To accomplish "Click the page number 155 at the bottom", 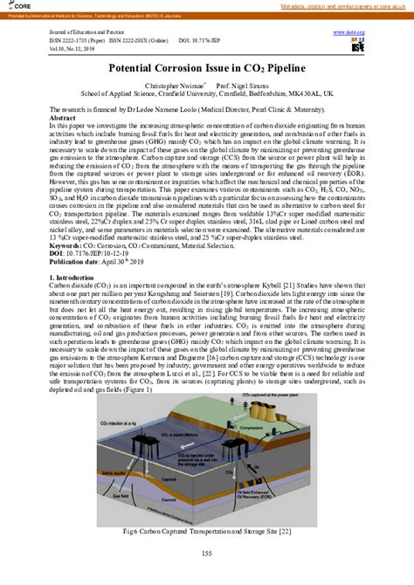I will (x=207, y=554).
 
